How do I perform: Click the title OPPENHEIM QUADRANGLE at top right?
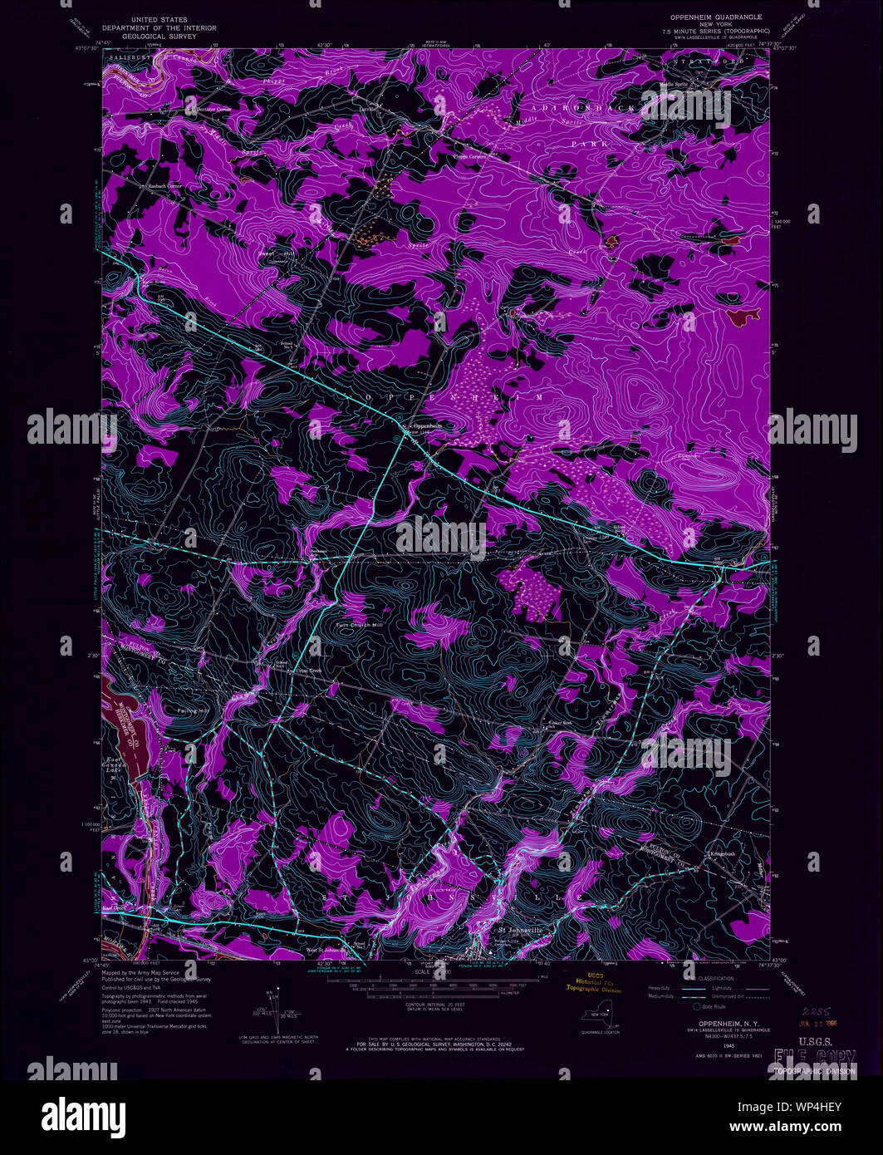pos(715,17)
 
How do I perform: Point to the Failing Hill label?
pos(194,711)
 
